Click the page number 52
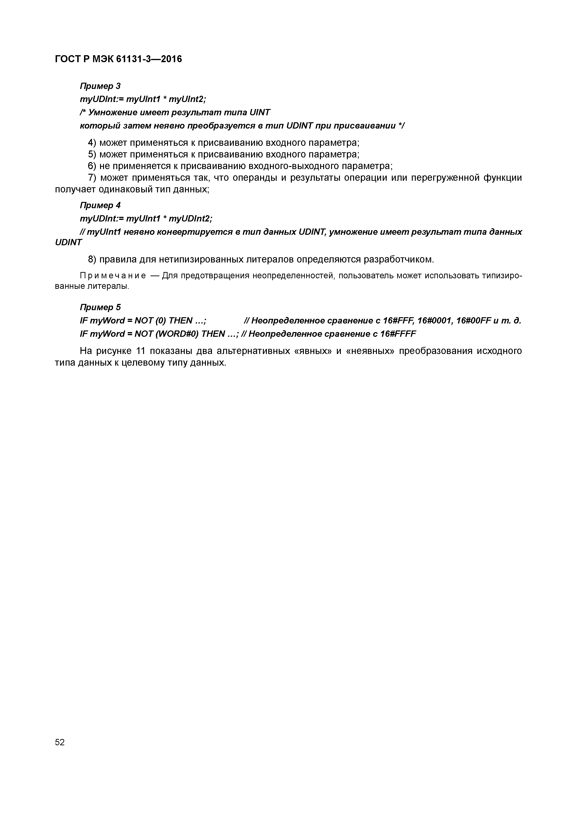(x=60, y=742)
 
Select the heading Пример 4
(x=100, y=205)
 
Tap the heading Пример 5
(x=100, y=307)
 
